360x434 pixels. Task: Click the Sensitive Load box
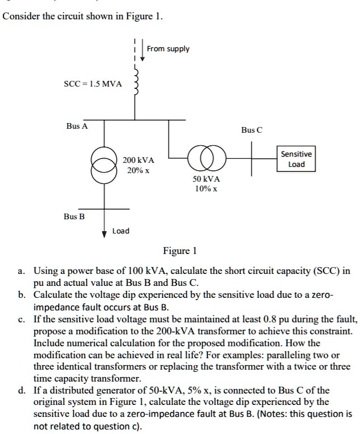tap(297, 159)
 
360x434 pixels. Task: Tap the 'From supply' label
tap(168, 48)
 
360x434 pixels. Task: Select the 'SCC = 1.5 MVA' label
tap(92, 84)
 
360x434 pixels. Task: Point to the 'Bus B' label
tap(74, 216)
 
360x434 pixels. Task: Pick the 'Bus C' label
tap(251, 130)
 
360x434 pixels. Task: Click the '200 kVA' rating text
tap(138, 161)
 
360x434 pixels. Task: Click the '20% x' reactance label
tap(138, 170)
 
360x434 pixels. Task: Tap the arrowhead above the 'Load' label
tap(104, 232)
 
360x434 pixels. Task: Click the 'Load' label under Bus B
tap(121, 231)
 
